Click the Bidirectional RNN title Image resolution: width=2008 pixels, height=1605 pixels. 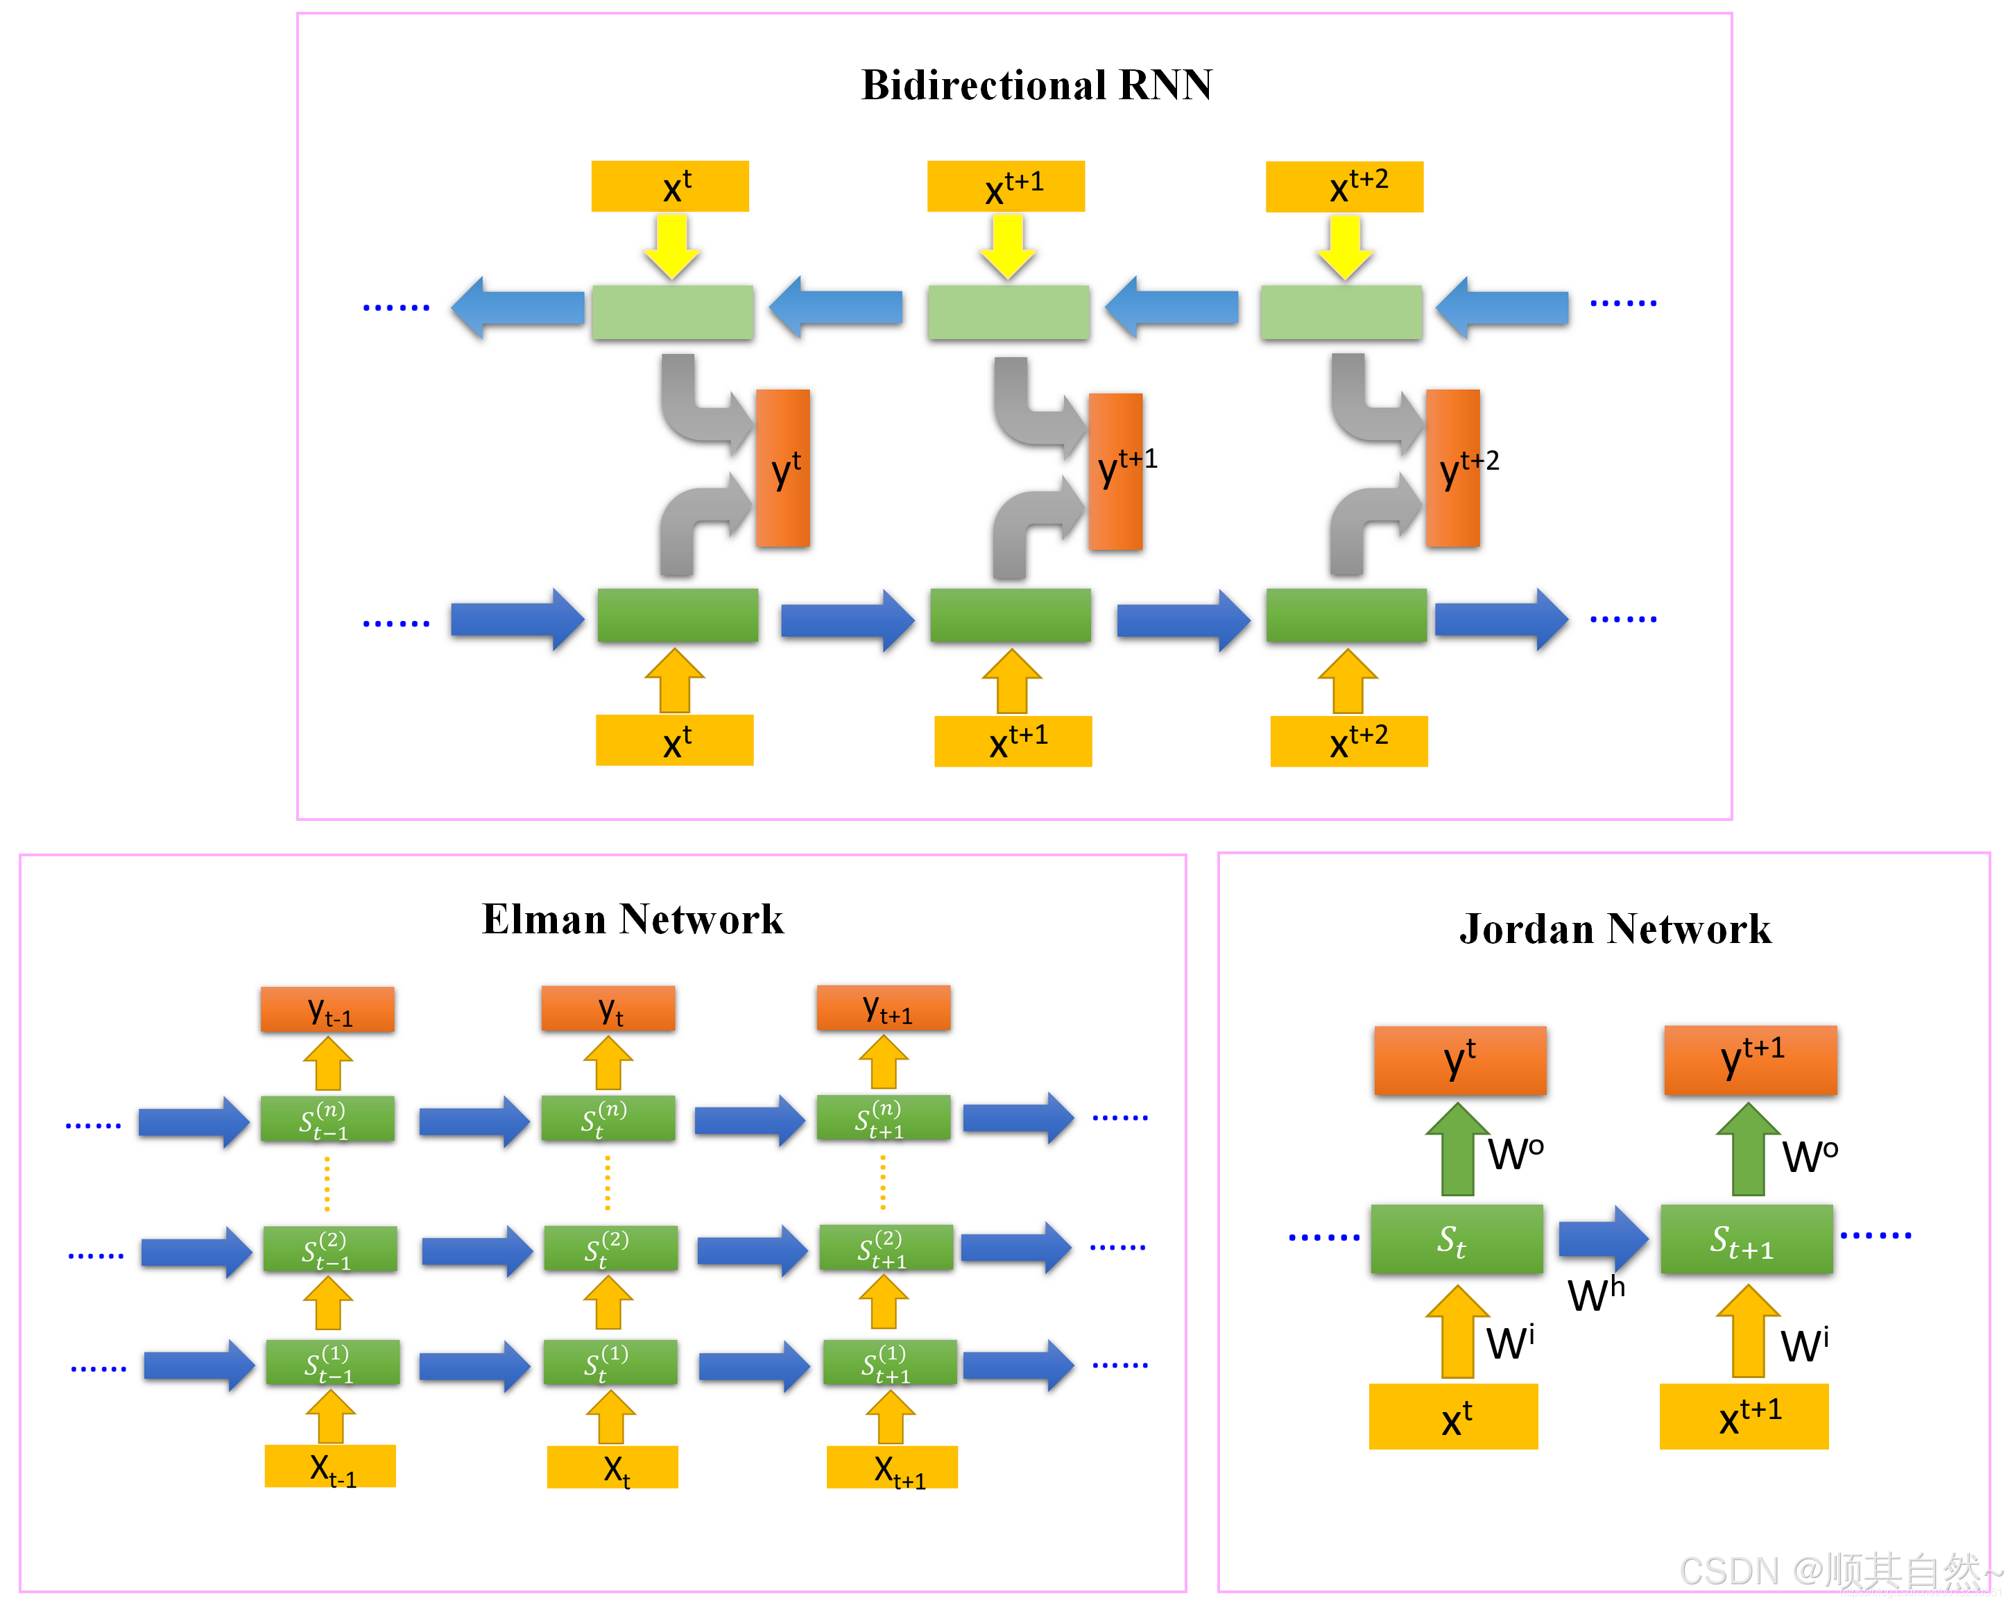(x=1036, y=85)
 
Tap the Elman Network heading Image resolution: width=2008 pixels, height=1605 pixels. (x=633, y=919)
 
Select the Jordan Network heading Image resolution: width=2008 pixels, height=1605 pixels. (x=1614, y=928)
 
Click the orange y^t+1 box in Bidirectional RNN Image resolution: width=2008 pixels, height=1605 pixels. (x=1115, y=471)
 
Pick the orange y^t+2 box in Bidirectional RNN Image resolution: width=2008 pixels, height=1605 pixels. (x=1452, y=468)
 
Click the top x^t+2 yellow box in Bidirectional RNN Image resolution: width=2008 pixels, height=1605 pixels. (x=1344, y=186)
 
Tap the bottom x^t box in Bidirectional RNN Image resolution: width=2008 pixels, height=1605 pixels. (x=674, y=740)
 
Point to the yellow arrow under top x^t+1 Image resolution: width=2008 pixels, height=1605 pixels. (x=1007, y=247)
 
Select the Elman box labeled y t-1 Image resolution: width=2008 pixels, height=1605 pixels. (x=327, y=1010)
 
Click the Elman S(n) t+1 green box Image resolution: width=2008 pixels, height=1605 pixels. (x=883, y=1119)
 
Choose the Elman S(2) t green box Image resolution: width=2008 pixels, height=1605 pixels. (x=610, y=1249)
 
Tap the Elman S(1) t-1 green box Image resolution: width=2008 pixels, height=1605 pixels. (x=332, y=1363)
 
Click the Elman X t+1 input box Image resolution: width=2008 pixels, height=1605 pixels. (x=891, y=1467)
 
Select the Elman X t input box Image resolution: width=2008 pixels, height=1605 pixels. (x=612, y=1467)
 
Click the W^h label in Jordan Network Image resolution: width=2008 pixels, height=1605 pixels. (x=1595, y=1295)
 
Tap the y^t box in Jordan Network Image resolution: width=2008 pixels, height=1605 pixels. (x=1459, y=1061)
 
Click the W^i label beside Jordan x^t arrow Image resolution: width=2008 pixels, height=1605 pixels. (x=1509, y=1342)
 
